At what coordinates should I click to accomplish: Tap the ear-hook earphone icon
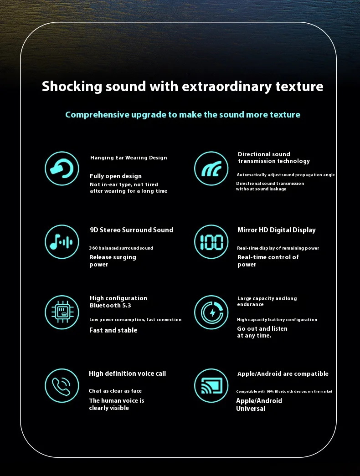click(62, 169)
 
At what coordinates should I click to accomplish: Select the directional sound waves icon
click(211, 169)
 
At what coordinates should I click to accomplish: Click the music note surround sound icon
click(62, 241)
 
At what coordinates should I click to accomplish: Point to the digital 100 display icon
click(211, 241)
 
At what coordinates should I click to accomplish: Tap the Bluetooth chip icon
click(62, 312)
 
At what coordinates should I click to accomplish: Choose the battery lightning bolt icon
click(211, 312)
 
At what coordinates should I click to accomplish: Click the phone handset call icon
click(62, 385)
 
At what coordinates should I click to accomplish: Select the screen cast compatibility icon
click(211, 385)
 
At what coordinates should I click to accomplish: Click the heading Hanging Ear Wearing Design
click(129, 158)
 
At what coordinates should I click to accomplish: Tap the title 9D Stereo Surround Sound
click(131, 230)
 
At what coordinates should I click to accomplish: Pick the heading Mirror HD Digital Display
click(276, 230)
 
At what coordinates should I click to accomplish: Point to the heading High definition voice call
click(127, 374)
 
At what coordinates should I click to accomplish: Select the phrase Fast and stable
click(113, 330)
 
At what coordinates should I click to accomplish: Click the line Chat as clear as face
click(115, 391)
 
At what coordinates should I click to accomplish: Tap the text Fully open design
click(116, 176)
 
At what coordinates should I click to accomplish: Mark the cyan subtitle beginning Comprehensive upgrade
click(182, 115)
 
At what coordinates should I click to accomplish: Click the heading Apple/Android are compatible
click(283, 374)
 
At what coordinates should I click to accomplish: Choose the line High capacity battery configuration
click(277, 320)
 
